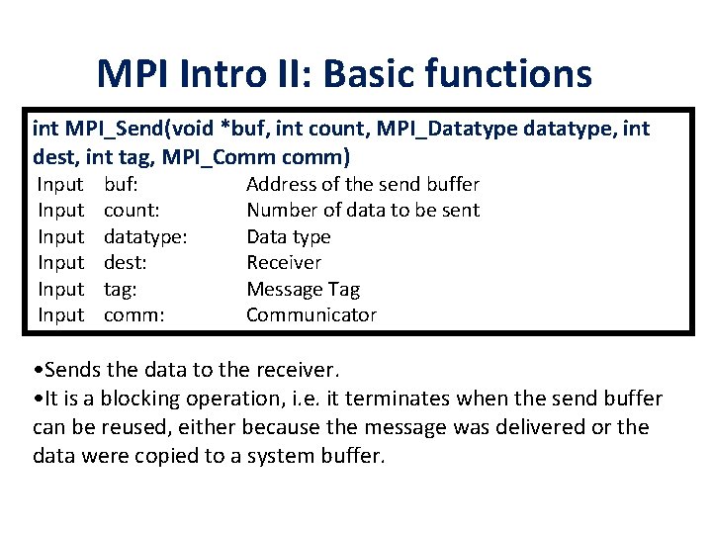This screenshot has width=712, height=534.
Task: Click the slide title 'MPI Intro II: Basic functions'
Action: pyautogui.click(x=344, y=73)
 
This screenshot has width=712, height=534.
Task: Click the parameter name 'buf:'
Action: pyautogui.click(x=121, y=184)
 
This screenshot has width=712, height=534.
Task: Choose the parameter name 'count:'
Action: pyautogui.click(x=133, y=210)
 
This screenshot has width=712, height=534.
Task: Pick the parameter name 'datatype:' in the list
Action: pyautogui.click(x=146, y=236)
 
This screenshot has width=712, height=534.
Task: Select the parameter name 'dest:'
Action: pyautogui.click(x=126, y=262)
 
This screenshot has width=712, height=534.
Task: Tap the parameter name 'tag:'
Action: pyautogui.click(x=121, y=289)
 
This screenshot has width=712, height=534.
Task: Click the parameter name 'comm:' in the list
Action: pyautogui.click(x=133, y=314)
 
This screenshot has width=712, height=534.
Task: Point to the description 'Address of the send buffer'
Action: pyautogui.click(x=362, y=184)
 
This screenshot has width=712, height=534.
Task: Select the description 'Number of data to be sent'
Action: pyautogui.click(x=362, y=210)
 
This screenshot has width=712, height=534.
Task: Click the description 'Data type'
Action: pyautogui.click(x=288, y=236)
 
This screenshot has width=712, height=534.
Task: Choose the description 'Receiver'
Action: pyautogui.click(x=284, y=262)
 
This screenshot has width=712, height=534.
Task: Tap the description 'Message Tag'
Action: pyautogui.click(x=303, y=289)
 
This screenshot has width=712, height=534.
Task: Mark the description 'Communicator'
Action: pyautogui.click(x=311, y=314)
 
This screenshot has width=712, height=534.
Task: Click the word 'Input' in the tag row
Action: pyautogui.click(x=60, y=289)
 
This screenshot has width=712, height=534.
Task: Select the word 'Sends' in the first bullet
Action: pyautogui.click(x=71, y=371)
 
